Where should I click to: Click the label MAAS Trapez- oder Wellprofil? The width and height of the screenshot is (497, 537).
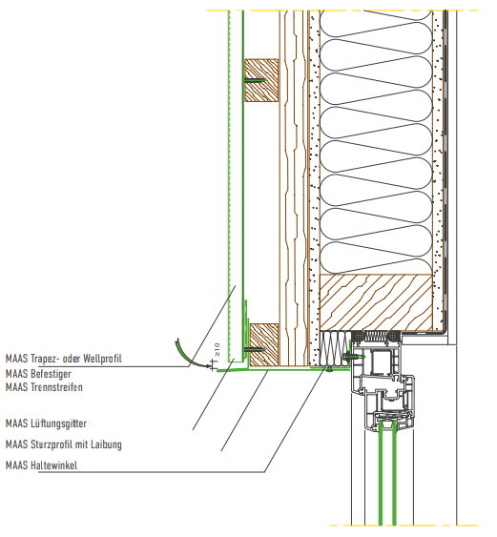pyautogui.click(x=64, y=359)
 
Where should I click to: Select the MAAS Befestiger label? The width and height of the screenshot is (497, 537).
pyautogui.click(x=38, y=374)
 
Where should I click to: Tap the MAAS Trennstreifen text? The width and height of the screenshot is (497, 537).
pyautogui.click(x=44, y=387)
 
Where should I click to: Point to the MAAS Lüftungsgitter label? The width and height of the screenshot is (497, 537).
pyautogui.click(x=46, y=423)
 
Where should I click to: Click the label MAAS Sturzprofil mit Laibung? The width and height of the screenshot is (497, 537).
pyautogui.click(x=64, y=444)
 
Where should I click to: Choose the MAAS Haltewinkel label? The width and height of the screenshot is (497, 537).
pyautogui.click(x=41, y=465)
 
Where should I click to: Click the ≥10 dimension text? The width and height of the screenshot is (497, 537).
pyautogui.click(x=217, y=350)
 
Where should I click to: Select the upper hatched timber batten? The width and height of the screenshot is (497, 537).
pyautogui.click(x=261, y=80)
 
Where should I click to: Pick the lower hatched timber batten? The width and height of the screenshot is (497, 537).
pyautogui.click(x=264, y=345)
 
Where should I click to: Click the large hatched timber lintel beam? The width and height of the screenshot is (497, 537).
pyautogui.click(x=376, y=302)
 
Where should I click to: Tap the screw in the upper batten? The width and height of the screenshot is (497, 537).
pyautogui.click(x=255, y=80)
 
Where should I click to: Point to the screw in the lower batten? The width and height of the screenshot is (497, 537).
pyautogui.click(x=255, y=350)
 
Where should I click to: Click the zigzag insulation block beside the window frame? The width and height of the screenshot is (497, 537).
pyautogui.click(x=335, y=349)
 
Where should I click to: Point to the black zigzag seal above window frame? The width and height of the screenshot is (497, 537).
pyautogui.click(x=376, y=337)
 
